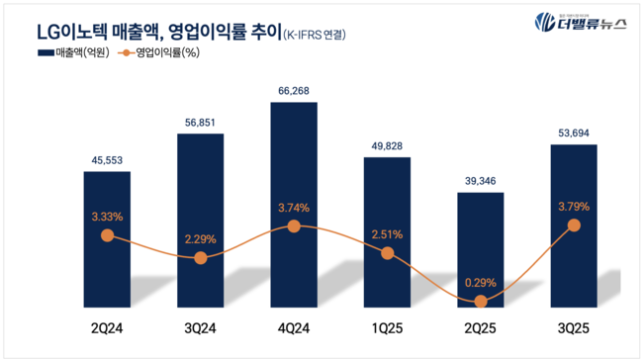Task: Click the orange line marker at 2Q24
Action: [108, 236]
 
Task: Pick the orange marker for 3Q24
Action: [201, 257]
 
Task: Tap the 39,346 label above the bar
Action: [481, 180]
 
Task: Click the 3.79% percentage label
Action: [574, 208]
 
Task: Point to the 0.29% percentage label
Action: [481, 281]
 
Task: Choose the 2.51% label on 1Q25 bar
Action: [387, 233]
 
